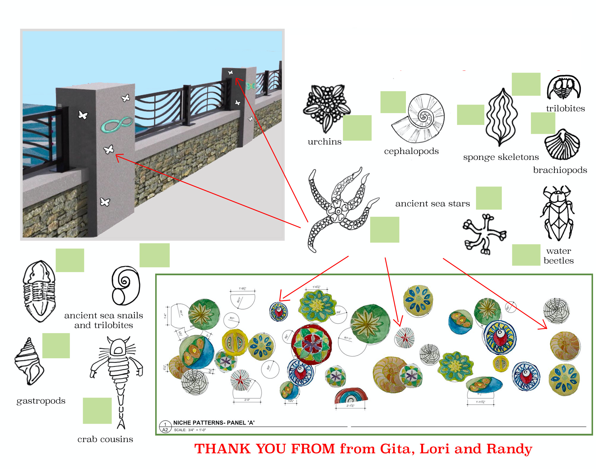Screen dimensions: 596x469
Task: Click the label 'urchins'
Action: [324, 142]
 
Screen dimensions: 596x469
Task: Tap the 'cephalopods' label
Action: [411, 151]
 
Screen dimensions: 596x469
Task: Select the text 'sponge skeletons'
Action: [501, 157]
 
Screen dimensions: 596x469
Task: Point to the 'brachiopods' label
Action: [560, 170]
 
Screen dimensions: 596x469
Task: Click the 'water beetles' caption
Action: [558, 256]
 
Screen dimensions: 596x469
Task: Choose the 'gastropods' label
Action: [41, 401]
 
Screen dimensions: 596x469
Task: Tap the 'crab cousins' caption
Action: [105, 439]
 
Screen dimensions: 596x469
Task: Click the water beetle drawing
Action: [557, 213]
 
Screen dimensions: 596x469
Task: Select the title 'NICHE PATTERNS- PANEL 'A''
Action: [213, 423]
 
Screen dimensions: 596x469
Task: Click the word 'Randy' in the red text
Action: [509, 449]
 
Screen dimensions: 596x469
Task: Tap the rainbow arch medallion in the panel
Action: [351, 396]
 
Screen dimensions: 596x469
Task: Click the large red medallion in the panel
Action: [311, 344]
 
